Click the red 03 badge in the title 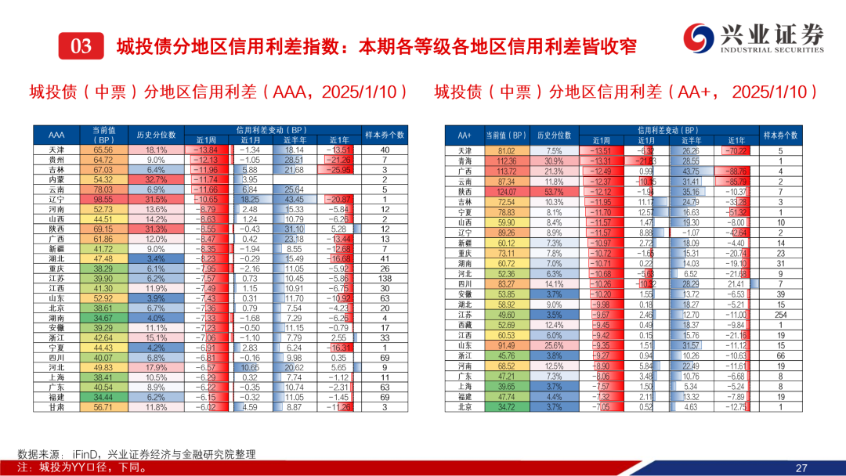coord(81,46)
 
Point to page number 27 coord(801,467)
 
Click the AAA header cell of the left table coord(56,135)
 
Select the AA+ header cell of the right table coord(465,135)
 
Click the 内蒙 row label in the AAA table coord(56,179)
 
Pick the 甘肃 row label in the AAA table coord(56,407)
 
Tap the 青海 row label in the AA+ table coord(465,160)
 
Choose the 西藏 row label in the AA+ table coord(465,325)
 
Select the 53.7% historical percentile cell coord(555,191)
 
